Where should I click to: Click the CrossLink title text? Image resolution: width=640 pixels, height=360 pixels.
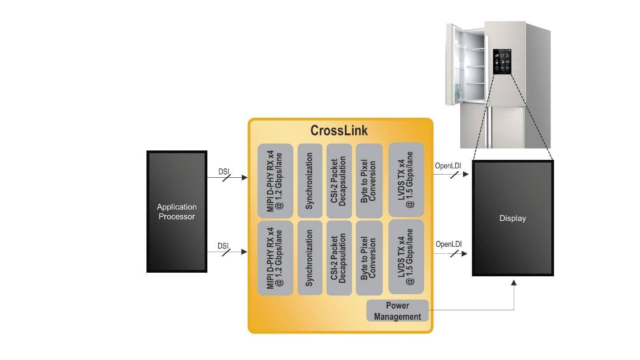point(339,130)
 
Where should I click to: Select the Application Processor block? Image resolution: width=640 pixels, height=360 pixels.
point(176,212)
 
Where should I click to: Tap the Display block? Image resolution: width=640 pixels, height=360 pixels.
point(513,218)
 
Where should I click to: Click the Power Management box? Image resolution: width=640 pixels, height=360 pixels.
point(397,311)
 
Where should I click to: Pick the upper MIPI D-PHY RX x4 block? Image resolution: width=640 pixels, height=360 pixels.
point(275,180)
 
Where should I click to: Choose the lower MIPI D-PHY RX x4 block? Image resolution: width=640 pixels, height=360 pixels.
point(275,258)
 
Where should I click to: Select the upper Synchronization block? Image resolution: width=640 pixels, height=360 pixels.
point(309,180)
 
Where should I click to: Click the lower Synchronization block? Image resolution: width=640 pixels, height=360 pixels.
point(309,258)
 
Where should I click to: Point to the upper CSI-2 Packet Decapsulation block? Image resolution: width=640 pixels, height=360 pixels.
point(339,180)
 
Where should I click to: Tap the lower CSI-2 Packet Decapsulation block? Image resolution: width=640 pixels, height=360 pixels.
point(339,258)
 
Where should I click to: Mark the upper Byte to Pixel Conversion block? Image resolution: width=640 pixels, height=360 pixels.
point(369,180)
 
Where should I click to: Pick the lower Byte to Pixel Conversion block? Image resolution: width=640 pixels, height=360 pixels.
point(369,258)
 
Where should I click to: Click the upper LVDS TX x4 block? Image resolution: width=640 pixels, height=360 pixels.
point(406,180)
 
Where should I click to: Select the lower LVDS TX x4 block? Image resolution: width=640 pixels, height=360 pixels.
point(406,257)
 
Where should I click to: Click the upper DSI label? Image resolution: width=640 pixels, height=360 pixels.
point(223,171)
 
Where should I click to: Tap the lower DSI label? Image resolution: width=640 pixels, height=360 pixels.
point(223,246)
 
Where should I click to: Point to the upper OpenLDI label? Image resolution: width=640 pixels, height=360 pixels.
point(448,166)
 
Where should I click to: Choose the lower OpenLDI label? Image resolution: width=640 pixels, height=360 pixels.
point(448,244)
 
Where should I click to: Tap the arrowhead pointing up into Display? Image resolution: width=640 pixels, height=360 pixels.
point(514,283)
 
